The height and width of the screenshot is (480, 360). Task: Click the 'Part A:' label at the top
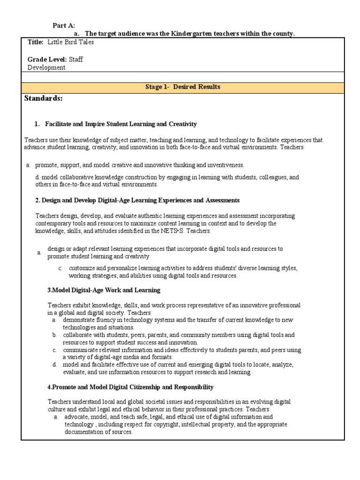pyautogui.click(x=63, y=25)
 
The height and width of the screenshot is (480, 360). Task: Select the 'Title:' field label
pyautogui.click(x=35, y=42)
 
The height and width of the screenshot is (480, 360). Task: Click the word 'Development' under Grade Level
pyautogui.click(x=46, y=67)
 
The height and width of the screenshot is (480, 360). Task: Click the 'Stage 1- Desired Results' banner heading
pyautogui.click(x=182, y=87)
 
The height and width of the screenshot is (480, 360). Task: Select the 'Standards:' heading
pyautogui.click(x=43, y=98)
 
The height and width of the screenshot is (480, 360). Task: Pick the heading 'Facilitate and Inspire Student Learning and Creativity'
pyautogui.click(x=120, y=124)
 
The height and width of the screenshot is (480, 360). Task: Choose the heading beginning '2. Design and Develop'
pyautogui.click(x=137, y=200)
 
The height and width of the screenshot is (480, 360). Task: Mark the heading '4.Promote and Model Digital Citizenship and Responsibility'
pyautogui.click(x=130, y=387)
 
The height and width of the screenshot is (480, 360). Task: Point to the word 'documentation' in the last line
pyautogui.click(x=83, y=432)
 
